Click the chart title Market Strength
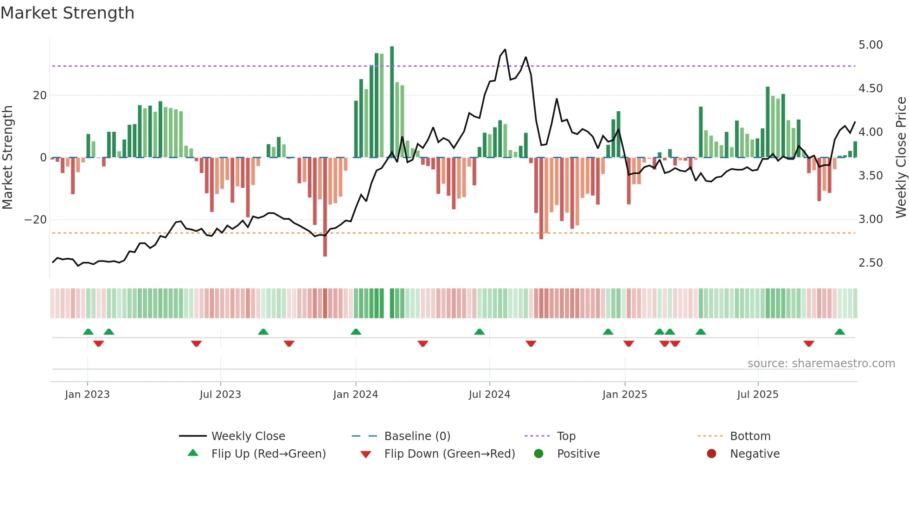pyautogui.click(x=67, y=13)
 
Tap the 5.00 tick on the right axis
pyautogui.click(x=870, y=45)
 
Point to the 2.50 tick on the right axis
pyautogui.click(x=870, y=263)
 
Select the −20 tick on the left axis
pyautogui.click(x=35, y=220)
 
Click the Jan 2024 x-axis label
pyautogui.click(x=355, y=395)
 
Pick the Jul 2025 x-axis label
pyautogui.click(x=757, y=395)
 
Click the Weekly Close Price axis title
pyautogui.click(x=901, y=158)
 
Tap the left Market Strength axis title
pyautogui.click(x=7, y=158)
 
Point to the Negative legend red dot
pyautogui.click(x=711, y=454)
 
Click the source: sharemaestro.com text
pyautogui.click(x=821, y=364)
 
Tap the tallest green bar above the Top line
pyautogui.click(x=392, y=56)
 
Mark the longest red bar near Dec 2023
pyautogui.click(x=325, y=209)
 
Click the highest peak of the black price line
pyautogui.click(x=505, y=50)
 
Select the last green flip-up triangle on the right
pyautogui.click(x=839, y=332)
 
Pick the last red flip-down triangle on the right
pyautogui.click(x=809, y=344)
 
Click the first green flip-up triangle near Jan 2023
pyautogui.click(x=88, y=332)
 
